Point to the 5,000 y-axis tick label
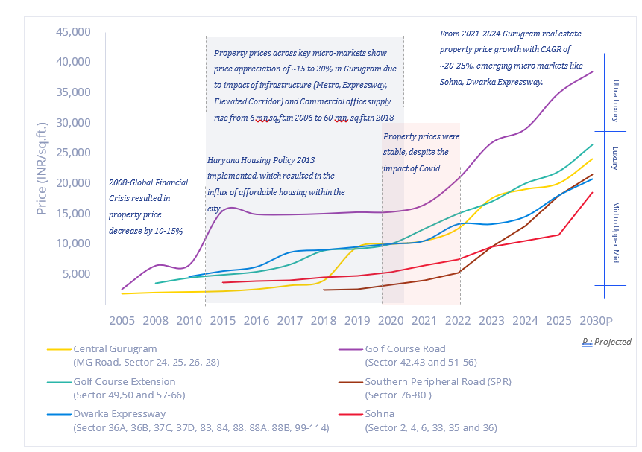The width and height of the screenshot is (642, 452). click(76, 273)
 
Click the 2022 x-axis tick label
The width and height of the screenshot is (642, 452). click(459, 321)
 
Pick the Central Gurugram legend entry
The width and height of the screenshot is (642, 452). click(116, 348)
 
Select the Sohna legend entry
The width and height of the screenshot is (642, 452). click(380, 413)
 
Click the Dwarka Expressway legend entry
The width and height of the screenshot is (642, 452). click(119, 413)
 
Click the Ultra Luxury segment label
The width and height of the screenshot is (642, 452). click(616, 101)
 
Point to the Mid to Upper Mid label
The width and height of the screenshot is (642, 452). click(616, 232)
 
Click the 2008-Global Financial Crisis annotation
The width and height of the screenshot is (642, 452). click(148, 207)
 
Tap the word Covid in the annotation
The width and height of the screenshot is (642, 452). click(428, 168)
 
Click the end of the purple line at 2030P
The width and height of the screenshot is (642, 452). click(593, 71)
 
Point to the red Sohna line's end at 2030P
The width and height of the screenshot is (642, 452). click(593, 193)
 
